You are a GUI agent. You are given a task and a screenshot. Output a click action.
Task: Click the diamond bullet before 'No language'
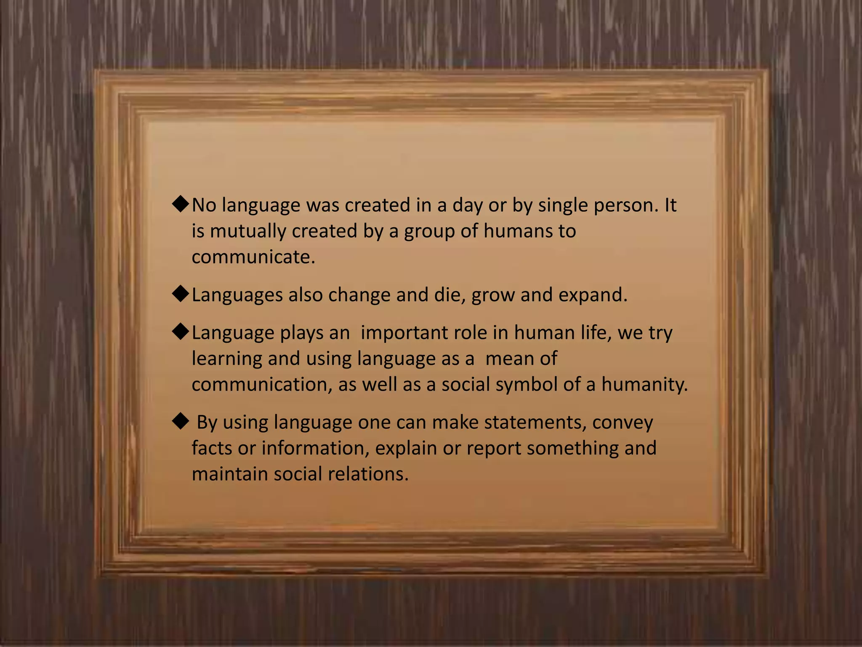pyautogui.click(x=181, y=204)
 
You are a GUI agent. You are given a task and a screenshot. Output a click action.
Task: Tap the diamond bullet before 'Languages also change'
pyautogui.click(x=181, y=294)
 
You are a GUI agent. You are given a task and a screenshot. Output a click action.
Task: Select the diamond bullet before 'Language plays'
pyautogui.click(x=181, y=332)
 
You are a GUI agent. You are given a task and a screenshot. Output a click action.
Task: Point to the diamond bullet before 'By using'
pyautogui.click(x=181, y=421)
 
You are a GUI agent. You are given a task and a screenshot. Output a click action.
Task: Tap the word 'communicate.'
pyautogui.click(x=253, y=257)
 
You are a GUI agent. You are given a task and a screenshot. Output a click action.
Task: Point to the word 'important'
pyautogui.click(x=404, y=333)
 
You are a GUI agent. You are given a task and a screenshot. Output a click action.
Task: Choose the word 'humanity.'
pyautogui.click(x=644, y=385)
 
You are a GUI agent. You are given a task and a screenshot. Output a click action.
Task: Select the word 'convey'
pyautogui.click(x=623, y=422)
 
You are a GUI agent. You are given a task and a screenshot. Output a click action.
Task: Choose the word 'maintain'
pyautogui.click(x=230, y=474)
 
